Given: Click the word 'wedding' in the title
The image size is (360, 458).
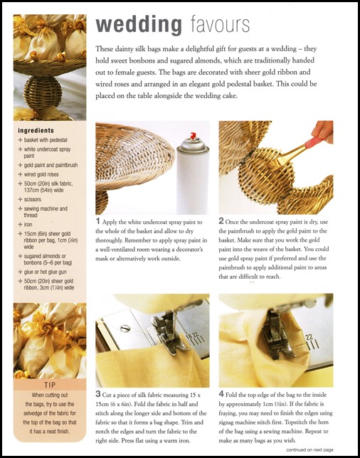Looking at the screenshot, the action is tap(139, 26).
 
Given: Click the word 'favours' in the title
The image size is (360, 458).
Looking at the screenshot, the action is tap(221, 26).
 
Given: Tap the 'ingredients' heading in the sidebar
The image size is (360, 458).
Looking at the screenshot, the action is tap(36, 131).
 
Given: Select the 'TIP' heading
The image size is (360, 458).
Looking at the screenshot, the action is tap(50, 385).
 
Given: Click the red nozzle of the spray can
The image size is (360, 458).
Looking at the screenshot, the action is tap(193, 136).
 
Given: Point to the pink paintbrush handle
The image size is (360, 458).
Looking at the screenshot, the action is tap(314, 143).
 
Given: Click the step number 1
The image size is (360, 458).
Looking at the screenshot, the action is tap(98, 221).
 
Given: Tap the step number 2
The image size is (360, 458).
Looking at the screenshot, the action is tap(221, 220).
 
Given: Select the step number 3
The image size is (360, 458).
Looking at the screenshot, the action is tap(98, 394).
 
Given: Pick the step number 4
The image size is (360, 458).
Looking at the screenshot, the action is tap(221, 394).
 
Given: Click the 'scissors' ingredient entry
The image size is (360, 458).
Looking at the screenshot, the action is tap(33, 200).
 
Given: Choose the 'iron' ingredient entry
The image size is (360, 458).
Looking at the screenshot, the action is tap(28, 225).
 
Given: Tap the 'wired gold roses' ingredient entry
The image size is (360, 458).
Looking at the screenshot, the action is tap(41, 174).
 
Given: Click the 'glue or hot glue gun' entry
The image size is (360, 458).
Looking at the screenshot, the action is tap(46, 272).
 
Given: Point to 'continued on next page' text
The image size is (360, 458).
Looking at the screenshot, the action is tap(309, 449).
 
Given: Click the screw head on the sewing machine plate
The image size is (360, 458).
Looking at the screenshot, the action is tap(125, 329).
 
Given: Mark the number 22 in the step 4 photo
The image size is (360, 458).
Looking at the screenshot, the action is tap(309, 338).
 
